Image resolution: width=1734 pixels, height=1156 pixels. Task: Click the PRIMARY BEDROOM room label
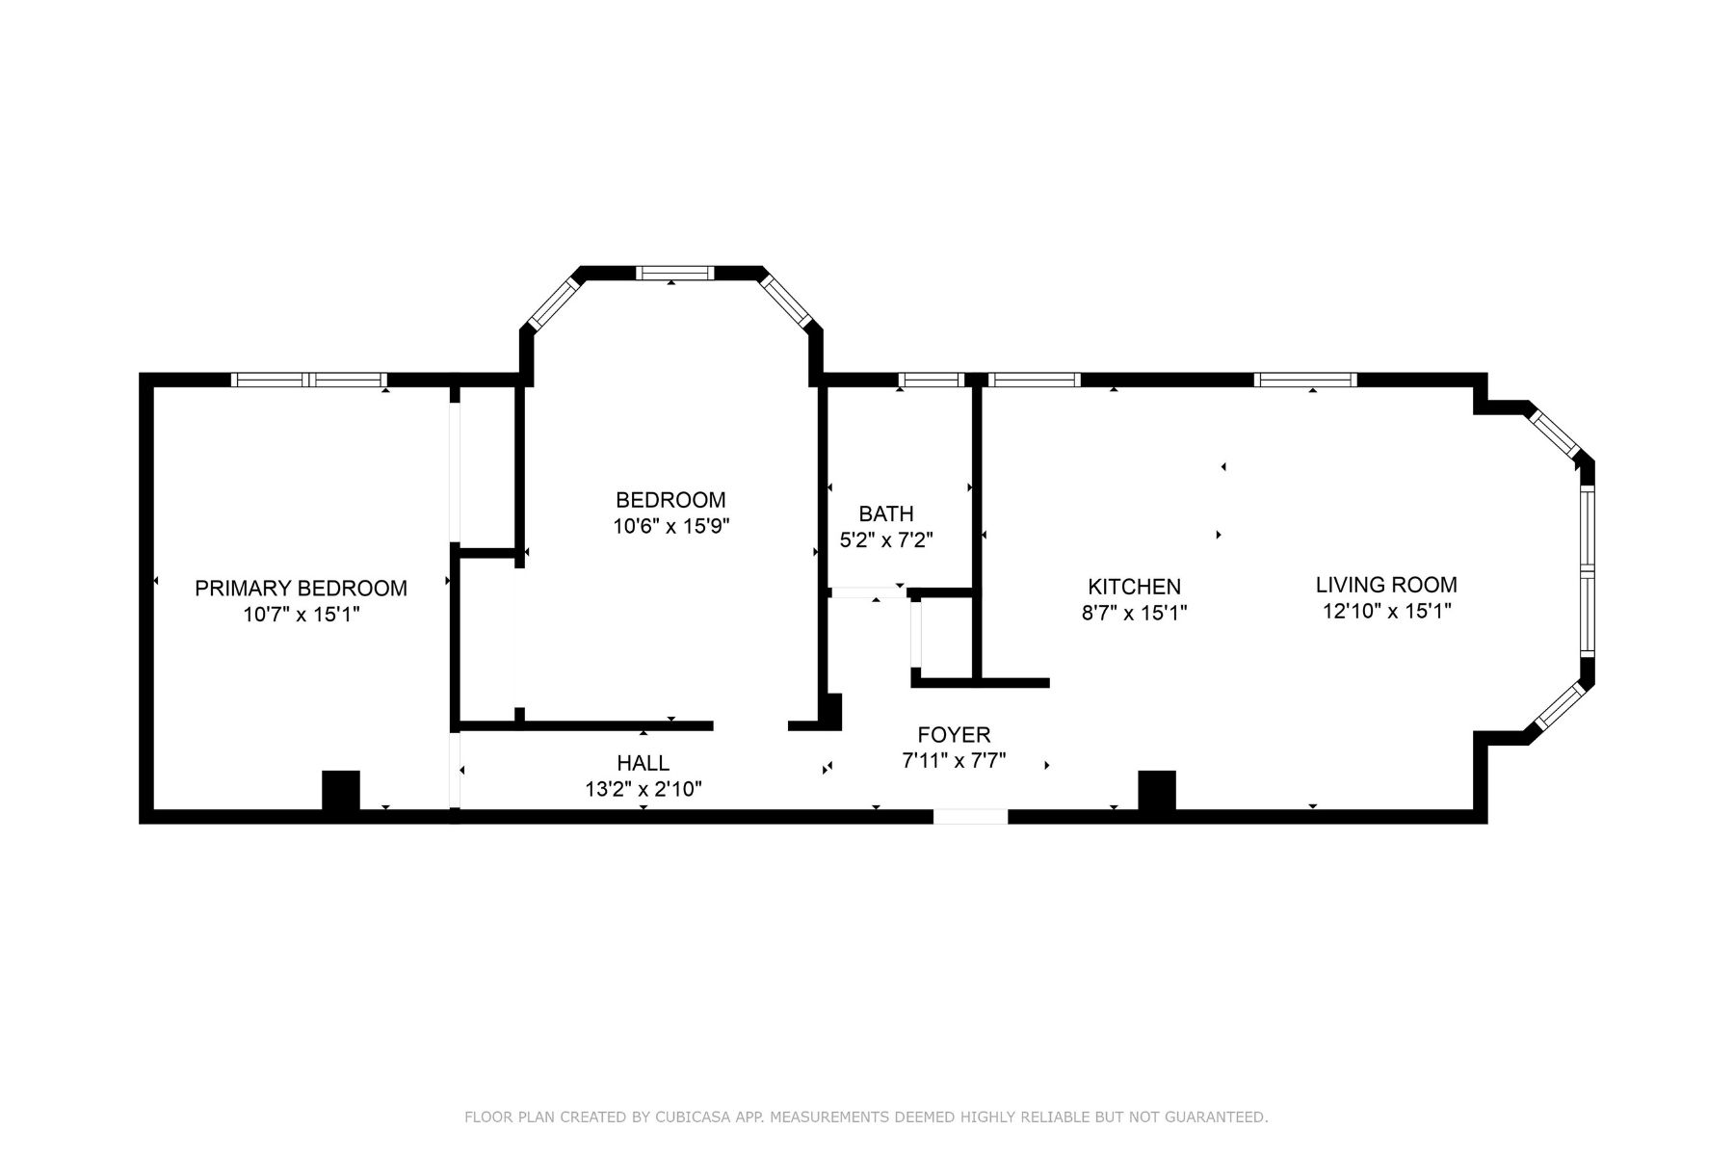pos(301,588)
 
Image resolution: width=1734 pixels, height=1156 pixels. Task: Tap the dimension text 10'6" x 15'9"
pos(671,526)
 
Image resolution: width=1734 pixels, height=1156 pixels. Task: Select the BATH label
pos(885,513)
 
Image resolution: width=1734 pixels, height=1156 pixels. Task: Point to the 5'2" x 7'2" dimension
pos(885,540)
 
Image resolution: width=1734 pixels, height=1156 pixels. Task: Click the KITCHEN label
pos(1134,586)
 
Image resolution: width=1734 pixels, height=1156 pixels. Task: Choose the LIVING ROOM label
pos(1385,584)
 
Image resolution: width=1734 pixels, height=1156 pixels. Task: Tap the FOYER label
pos(954,735)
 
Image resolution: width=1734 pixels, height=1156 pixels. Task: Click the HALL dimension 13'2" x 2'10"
pos(643,790)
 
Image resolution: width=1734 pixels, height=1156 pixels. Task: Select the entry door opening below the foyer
pos(970,817)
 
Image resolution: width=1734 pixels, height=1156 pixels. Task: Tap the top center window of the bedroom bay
pos(674,273)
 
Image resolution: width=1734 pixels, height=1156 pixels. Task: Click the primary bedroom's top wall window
pos(309,380)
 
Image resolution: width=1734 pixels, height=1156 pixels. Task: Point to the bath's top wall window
pos(933,380)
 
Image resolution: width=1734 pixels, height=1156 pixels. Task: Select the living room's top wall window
pos(1305,380)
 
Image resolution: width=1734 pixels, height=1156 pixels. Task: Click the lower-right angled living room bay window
pos(1558,707)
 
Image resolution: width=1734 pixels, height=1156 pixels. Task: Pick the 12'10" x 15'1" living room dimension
pos(1386,611)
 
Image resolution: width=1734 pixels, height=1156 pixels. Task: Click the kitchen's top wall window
pos(1035,380)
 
